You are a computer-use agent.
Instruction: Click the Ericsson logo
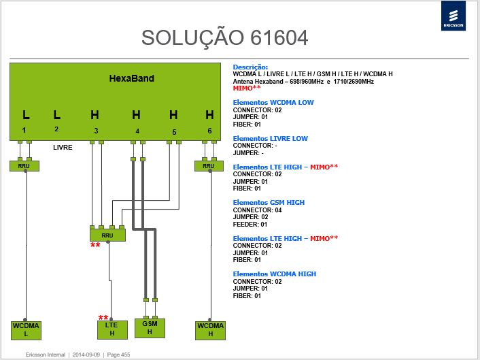pos(453,16)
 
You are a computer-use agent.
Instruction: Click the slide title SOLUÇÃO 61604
pos(224,38)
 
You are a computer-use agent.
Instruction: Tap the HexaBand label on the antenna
pos(132,78)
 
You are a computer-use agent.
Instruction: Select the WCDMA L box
pos(26,330)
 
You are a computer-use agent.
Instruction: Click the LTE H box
pos(112,329)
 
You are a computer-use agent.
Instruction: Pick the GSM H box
pos(150,328)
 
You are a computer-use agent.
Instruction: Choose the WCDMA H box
pos(210,330)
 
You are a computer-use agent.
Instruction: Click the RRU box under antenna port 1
pos(24,166)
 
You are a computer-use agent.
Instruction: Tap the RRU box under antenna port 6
pos(209,166)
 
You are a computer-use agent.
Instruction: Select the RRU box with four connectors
pos(107,235)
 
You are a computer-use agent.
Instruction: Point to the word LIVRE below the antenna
pos(63,148)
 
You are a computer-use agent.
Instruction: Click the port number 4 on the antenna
pos(137,131)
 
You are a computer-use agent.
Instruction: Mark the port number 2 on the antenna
pos(56,129)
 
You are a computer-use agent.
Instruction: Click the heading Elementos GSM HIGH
pos(269,203)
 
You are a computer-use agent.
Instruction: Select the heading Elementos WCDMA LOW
pos(273,103)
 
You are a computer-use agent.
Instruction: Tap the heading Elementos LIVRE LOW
pos(271,138)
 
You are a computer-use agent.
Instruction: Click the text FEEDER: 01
pos(250,225)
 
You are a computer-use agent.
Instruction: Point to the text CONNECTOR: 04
pos(257,210)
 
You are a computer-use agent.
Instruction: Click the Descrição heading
pos(250,67)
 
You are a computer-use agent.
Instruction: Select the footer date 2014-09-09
pos(86,355)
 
